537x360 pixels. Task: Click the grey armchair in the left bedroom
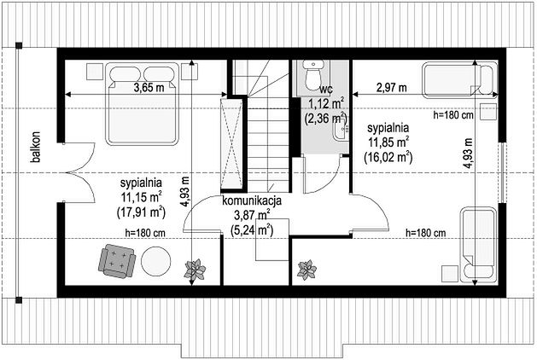(x=117, y=261)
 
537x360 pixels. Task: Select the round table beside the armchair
(x=156, y=261)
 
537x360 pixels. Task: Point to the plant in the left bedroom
(x=196, y=270)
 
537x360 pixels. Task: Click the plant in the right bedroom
(x=306, y=270)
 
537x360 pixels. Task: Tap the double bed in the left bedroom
(x=143, y=103)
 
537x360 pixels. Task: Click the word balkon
(x=35, y=147)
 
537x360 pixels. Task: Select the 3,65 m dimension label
(x=149, y=88)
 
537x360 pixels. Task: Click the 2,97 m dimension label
(x=392, y=88)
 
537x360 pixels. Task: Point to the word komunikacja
(x=252, y=200)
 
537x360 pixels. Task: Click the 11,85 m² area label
(x=388, y=142)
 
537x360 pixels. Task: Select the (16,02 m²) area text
(x=388, y=157)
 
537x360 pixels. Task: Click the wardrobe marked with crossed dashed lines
(x=231, y=143)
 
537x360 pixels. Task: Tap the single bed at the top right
(x=460, y=79)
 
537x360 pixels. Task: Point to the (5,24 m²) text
(x=252, y=230)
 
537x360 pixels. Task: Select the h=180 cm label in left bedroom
(x=145, y=234)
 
